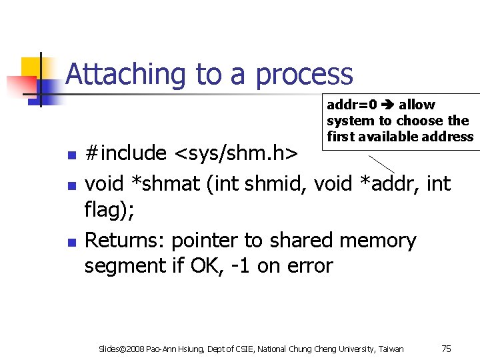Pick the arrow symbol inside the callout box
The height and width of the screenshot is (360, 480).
(x=388, y=105)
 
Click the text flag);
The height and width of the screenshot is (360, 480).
(x=109, y=211)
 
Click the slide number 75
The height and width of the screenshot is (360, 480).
(x=447, y=348)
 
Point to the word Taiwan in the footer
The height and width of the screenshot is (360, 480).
(x=391, y=349)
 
